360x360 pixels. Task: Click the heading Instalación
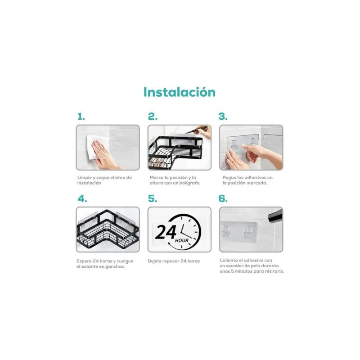pyautogui.click(x=180, y=92)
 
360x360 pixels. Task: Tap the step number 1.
pyautogui.click(x=81, y=117)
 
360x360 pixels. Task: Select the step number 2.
pyautogui.click(x=153, y=117)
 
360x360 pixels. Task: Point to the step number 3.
pyautogui.click(x=223, y=117)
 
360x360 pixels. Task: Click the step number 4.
pyautogui.click(x=82, y=198)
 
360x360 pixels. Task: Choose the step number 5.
pyautogui.click(x=153, y=198)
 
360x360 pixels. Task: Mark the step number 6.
pyautogui.click(x=223, y=198)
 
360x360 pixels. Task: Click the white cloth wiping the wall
pyautogui.click(x=94, y=147)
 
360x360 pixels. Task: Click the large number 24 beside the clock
pyautogui.click(x=166, y=232)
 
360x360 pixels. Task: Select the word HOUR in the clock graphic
pyautogui.click(x=182, y=240)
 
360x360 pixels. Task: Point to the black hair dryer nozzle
pyautogui.click(x=275, y=216)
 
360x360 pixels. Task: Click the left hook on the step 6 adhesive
pyautogui.click(x=226, y=231)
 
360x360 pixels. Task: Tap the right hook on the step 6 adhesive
pyautogui.click(x=248, y=231)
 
